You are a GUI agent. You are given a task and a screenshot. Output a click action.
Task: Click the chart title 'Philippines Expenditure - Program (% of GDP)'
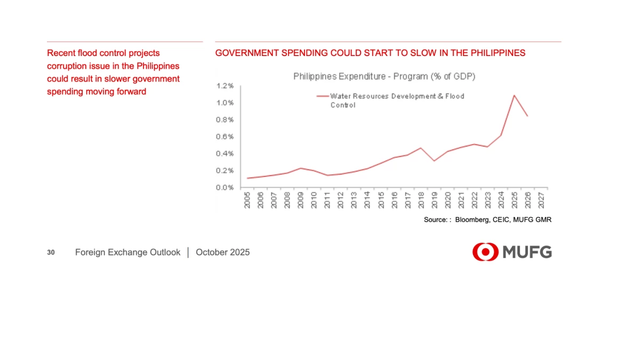point(384,76)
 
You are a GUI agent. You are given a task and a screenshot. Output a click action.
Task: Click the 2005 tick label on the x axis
point(248,201)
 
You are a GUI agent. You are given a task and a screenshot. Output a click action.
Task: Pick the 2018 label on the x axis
point(421,201)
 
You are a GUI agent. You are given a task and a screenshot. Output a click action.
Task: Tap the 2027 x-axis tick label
point(541,201)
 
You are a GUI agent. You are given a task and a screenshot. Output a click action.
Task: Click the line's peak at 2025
point(514,95)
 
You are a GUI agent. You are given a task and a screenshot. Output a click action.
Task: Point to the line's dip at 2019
point(434,161)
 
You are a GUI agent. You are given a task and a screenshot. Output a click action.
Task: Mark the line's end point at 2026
point(527,116)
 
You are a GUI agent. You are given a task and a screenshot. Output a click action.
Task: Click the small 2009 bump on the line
point(301,168)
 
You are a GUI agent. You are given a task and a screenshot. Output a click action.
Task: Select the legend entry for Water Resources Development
point(397,100)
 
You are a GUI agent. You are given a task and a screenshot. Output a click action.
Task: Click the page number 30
point(51,252)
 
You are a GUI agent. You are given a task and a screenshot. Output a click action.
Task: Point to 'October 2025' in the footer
point(222,252)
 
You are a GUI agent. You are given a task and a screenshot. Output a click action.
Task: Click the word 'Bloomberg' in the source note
point(472,220)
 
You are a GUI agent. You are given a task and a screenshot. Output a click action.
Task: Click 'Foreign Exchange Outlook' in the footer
point(128,252)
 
